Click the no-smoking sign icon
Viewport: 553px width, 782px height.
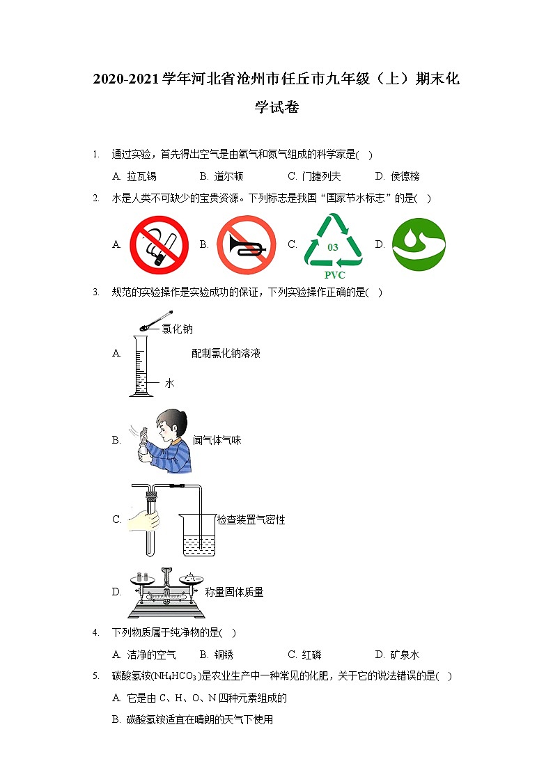(x=159, y=244)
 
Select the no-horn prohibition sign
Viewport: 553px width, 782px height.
(x=247, y=244)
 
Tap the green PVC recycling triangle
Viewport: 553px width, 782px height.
(x=334, y=242)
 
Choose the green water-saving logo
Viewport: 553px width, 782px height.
(x=419, y=244)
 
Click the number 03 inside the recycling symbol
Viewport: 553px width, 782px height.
(x=333, y=247)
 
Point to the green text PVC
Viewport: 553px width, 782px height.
(x=334, y=275)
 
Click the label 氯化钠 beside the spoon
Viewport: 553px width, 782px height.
(x=178, y=329)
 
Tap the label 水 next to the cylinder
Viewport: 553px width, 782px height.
(x=169, y=383)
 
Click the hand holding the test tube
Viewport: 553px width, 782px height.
(x=145, y=519)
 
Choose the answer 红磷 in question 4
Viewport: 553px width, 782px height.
(x=311, y=655)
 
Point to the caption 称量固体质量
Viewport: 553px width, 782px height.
(x=234, y=592)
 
